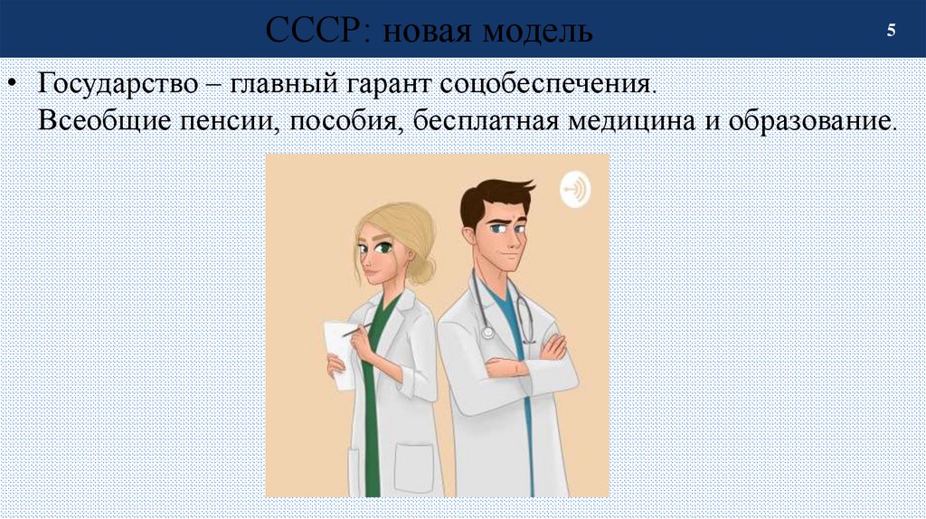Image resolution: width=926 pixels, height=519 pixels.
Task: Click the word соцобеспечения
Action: [x=546, y=86]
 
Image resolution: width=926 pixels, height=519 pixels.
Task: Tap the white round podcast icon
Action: [x=575, y=189]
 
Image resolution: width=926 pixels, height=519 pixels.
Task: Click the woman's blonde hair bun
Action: [x=422, y=269]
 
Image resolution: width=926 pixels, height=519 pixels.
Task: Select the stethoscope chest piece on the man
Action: [x=488, y=332]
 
